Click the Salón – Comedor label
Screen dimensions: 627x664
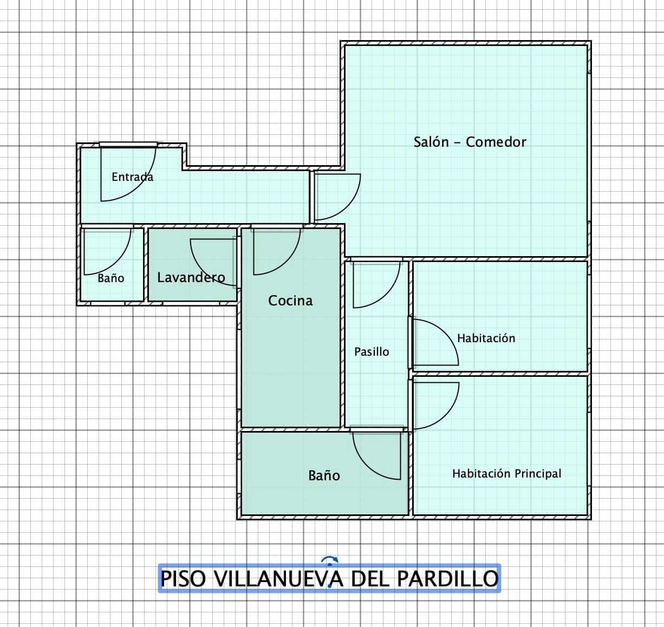pos(470,142)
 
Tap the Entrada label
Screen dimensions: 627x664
pos(132,177)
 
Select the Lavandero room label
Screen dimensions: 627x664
pos(191,278)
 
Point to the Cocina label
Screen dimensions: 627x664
pos(290,301)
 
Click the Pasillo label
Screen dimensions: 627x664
pos(372,352)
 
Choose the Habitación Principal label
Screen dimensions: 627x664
pos(506,474)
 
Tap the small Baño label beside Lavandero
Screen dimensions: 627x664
pos(111,278)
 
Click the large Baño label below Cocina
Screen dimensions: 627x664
pos(324,475)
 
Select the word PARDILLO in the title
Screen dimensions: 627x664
pos(447,578)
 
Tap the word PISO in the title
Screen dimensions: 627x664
pos(183,578)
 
